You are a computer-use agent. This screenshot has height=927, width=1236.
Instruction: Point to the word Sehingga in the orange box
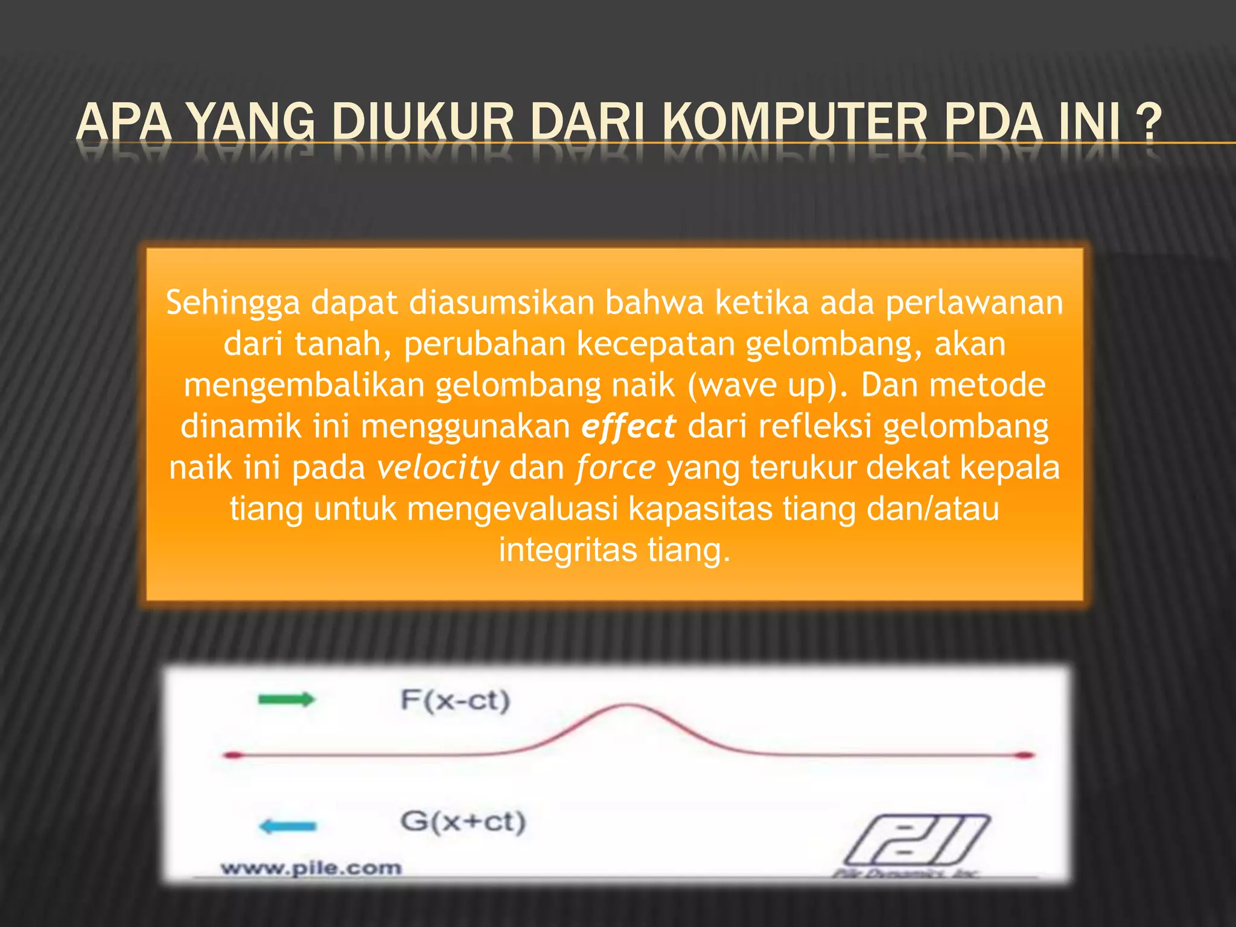pyautogui.click(x=232, y=303)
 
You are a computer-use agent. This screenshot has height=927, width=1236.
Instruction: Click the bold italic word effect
pyautogui.click(x=628, y=427)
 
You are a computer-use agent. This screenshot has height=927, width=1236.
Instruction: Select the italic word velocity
pyautogui.click(x=438, y=468)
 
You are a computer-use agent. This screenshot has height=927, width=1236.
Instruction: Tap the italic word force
pyautogui.click(x=616, y=468)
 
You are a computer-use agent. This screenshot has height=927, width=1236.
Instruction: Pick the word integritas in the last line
pyautogui.click(x=568, y=550)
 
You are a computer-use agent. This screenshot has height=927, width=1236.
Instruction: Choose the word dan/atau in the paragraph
pyautogui.click(x=932, y=509)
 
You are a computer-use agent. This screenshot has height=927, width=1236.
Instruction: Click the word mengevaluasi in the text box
pyautogui.click(x=512, y=509)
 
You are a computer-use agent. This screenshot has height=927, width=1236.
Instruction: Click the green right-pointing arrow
pyautogui.click(x=286, y=699)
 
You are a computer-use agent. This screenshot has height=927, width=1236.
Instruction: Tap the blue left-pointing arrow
pyautogui.click(x=287, y=826)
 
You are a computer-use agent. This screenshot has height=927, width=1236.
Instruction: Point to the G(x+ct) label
pyautogui.click(x=463, y=822)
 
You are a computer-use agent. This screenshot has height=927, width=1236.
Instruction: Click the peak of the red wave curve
pyautogui.click(x=628, y=705)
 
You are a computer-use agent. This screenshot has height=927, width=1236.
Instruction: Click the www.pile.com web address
pyautogui.click(x=311, y=868)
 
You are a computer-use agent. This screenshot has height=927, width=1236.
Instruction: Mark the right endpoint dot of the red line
pyautogui.click(x=1025, y=755)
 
